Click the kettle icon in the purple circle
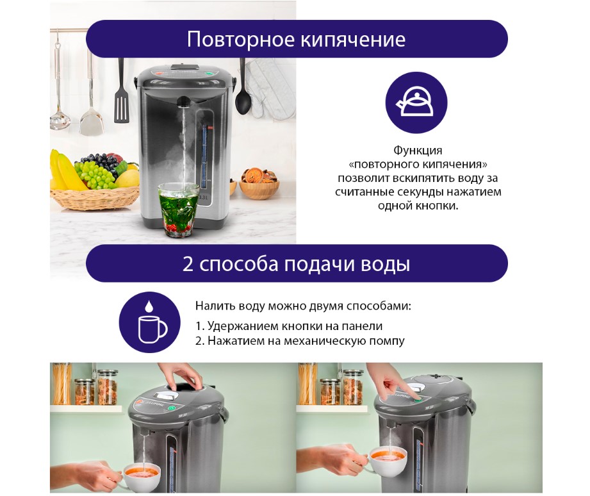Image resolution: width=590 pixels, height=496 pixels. point(416,102)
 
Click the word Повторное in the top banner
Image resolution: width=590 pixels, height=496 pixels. point(240,38)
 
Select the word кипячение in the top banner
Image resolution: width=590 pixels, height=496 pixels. point(352,40)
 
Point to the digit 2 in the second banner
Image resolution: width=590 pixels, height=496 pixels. point(188,263)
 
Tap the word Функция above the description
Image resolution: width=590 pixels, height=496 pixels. point(418,150)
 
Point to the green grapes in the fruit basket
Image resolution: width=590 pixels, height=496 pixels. point(96,174)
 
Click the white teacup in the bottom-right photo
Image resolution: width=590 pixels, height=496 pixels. point(386,460)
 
